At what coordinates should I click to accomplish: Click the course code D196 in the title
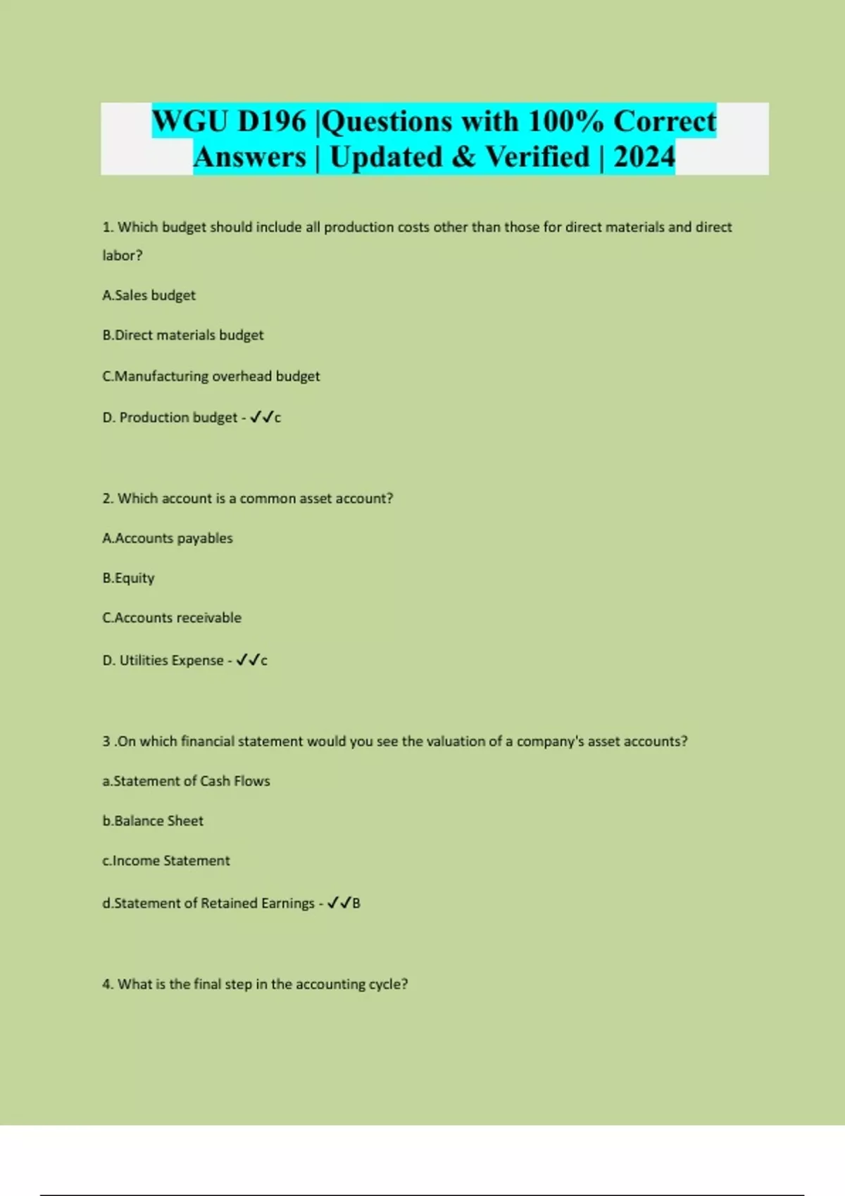pyautogui.click(x=272, y=121)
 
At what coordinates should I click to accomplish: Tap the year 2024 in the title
pyautogui.click(x=644, y=157)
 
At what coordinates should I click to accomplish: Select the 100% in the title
pyautogui.click(x=565, y=121)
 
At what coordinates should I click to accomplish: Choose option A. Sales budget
pyautogui.click(x=149, y=295)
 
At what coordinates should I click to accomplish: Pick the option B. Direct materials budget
pyautogui.click(x=182, y=336)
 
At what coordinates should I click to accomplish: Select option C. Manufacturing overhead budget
pyautogui.click(x=211, y=376)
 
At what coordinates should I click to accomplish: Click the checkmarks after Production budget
pyautogui.click(x=261, y=417)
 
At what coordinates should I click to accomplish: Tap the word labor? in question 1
pyautogui.click(x=122, y=255)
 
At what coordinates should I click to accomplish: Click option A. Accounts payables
pyautogui.click(x=167, y=538)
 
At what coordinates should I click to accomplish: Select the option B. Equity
pyautogui.click(x=128, y=578)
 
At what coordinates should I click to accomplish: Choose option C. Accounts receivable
pyautogui.click(x=171, y=618)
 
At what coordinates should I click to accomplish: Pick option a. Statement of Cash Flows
pyautogui.click(x=186, y=781)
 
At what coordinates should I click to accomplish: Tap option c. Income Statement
pyautogui.click(x=165, y=860)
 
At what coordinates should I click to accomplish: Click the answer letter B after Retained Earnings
pyautogui.click(x=356, y=903)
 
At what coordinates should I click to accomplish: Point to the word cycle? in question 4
pyautogui.click(x=388, y=984)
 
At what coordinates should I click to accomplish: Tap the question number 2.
pyautogui.click(x=107, y=499)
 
